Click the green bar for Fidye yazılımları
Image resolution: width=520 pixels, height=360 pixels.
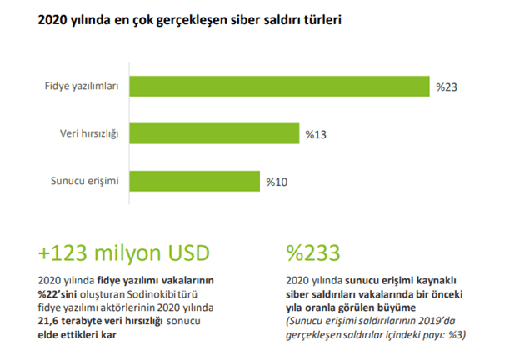[x=280, y=86]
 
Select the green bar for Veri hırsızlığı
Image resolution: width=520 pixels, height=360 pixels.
[x=214, y=133]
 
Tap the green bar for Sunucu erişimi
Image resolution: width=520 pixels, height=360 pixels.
[x=194, y=181]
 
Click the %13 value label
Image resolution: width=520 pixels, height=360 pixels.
[x=315, y=133]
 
